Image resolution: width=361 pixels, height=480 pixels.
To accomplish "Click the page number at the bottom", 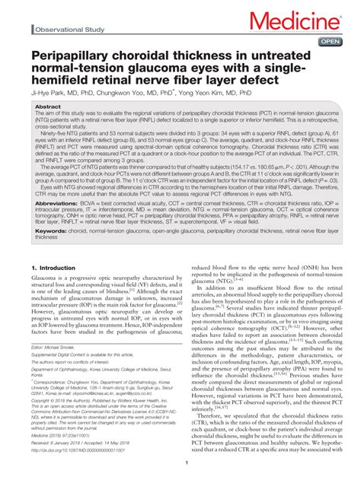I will tap(180, 472).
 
